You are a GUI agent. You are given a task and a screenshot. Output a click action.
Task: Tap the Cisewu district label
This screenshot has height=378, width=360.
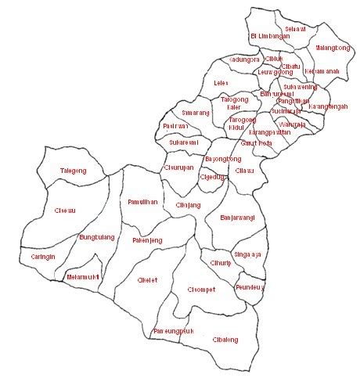point(65,210)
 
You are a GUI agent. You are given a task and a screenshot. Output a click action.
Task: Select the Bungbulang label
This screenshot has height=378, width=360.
point(98,236)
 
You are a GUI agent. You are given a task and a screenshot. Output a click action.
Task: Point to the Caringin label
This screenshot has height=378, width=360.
point(43,256)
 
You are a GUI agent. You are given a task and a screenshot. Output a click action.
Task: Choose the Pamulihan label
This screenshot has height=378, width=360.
point(142,202)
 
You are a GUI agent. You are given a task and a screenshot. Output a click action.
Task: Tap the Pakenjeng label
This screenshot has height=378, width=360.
point(147,240)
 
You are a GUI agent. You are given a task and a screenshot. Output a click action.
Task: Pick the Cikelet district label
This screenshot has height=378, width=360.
point(147,279)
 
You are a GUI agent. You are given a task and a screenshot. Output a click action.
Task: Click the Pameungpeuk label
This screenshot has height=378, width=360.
point(174,331)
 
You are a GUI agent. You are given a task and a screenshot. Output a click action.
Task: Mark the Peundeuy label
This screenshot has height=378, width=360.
point(250,288)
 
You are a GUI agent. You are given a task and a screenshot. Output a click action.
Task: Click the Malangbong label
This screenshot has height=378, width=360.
point(332,48)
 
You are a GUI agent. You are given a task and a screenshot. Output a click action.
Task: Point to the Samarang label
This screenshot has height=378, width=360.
point(196,113)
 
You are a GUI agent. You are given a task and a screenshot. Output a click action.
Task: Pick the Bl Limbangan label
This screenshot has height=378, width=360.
point(268,36)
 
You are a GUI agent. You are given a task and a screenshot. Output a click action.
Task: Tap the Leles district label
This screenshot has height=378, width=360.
point(221,81)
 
